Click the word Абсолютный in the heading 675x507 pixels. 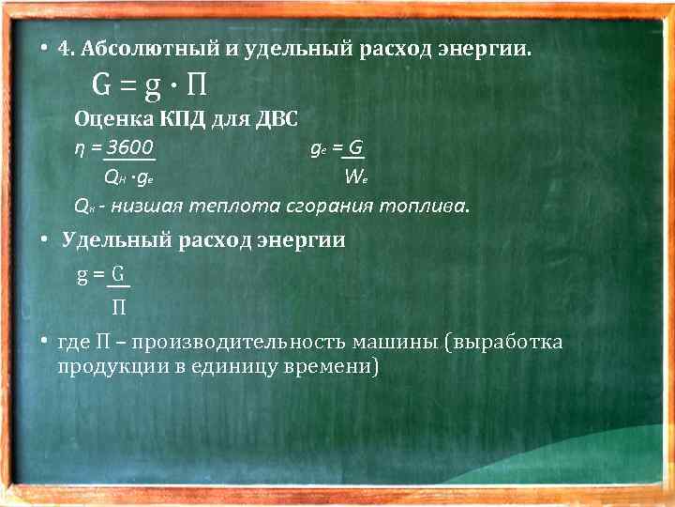144,49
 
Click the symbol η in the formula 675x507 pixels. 80,148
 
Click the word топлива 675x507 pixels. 423,205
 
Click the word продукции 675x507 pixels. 108,366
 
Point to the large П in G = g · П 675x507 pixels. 196,87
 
